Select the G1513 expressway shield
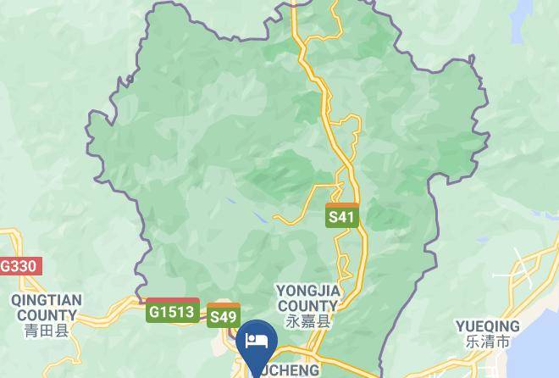172,311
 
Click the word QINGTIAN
46,300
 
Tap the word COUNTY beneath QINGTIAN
46,315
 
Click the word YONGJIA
307,291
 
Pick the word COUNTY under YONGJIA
307,306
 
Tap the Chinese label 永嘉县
307,322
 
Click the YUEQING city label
487,326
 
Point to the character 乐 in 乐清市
472,342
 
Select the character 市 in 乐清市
503,342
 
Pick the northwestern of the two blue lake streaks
230,201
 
